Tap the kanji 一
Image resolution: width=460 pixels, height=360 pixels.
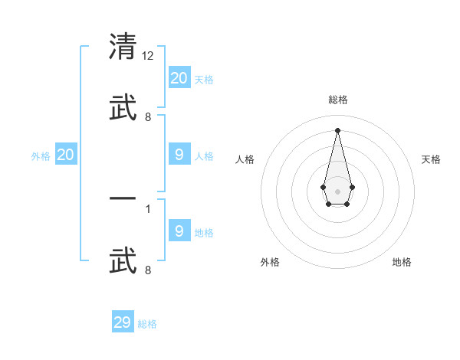click(x=123, y=200)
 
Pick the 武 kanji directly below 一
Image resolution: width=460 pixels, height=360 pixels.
click(x=123, y=259)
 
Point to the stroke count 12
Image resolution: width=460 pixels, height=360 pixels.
click(x=149, y=57)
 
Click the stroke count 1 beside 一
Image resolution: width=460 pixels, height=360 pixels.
click(x=148, y=208)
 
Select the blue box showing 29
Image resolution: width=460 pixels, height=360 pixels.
click(x=123, y=322)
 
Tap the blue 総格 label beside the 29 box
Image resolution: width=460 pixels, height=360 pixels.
click(x=148, y=324)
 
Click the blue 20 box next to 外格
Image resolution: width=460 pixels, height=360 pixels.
click(x=66, y=155)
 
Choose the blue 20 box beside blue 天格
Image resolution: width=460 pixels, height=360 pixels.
click(x=179, y=77)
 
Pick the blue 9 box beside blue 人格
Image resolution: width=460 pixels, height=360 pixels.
click(x=179, y=155)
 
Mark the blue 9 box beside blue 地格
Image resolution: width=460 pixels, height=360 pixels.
click(x=179, y=231)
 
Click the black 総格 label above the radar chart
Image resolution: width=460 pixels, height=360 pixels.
click(x=337, y=100)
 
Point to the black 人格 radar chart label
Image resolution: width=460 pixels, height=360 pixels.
click(x=245, y=159)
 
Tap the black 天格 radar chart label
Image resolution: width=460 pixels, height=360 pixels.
click(x=431, y=159)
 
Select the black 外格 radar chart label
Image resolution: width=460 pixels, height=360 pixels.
click(x=270, y=262)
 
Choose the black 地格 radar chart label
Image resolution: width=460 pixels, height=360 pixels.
click(x=402, y=262)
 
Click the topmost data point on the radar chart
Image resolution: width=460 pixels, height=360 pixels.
click(x=337, y=129)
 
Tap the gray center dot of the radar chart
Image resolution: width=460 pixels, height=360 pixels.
click(x=337, y=190)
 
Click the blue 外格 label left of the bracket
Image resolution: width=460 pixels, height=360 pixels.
click(x=41, y=155)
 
